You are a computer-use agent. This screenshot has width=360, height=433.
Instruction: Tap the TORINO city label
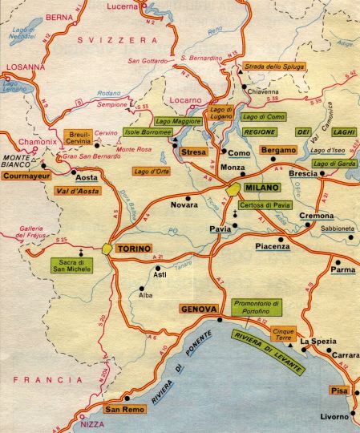coord(134,249)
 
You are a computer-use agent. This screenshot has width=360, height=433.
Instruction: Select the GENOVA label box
coord(199,309)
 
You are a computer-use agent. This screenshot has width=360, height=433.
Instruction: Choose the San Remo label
coord(123,410)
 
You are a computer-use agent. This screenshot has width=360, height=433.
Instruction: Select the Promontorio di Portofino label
coord(259,307)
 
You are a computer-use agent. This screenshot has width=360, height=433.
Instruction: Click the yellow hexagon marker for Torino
coord(107,249)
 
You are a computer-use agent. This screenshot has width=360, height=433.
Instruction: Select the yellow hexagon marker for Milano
coord(234,188)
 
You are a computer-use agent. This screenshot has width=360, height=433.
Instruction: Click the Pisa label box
coord(334,391)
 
